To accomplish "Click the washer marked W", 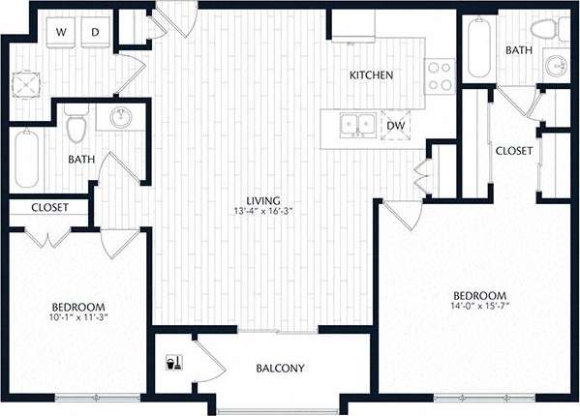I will [61, 33].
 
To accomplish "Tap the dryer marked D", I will [96, 33].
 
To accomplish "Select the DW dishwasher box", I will [396, 126].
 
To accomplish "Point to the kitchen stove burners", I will [441, 74].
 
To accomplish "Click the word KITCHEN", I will [370, 75].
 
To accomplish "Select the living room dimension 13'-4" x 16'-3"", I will [262, 212].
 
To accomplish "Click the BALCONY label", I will [281, 369].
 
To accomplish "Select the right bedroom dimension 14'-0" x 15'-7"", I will [480, 307].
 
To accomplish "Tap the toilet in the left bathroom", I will [77, 125].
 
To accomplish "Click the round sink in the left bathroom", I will [120, 119].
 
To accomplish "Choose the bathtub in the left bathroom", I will [27, 161].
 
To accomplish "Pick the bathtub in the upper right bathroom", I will [479, 48].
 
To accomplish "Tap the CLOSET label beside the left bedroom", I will [48, 207].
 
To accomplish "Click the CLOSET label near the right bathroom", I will [513, 151].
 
